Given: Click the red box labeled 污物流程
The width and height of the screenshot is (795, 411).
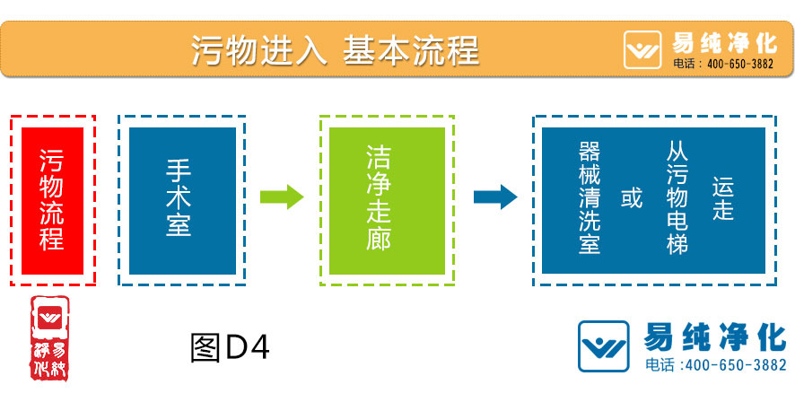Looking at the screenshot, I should click(x=52, y=200).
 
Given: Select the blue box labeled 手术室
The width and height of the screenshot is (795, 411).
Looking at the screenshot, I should click(x=182, y=200).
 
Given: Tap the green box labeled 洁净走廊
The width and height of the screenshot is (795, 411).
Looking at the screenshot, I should click(x=387, y=200).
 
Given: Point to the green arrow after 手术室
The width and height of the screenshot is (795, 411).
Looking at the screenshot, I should click(x=282, y=197).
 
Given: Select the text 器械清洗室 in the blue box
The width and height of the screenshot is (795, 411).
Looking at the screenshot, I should click(x=590, y=197).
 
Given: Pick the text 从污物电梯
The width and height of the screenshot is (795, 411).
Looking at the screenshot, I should click(x=677, y=197).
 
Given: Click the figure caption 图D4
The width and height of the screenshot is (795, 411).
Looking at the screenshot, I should click(x=230, y=347).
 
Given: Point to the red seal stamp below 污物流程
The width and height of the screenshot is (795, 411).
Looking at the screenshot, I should click(x=52, y=337).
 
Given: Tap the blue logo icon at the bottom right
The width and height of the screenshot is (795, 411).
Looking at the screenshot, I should click(x=604, y=345).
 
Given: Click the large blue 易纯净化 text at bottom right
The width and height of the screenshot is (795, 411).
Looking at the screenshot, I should click(x=715, y=337).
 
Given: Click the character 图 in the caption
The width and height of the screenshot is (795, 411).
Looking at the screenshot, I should click(x=205, y=347).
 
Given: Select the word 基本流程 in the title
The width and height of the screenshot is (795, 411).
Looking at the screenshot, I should click(x=411, y=49).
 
